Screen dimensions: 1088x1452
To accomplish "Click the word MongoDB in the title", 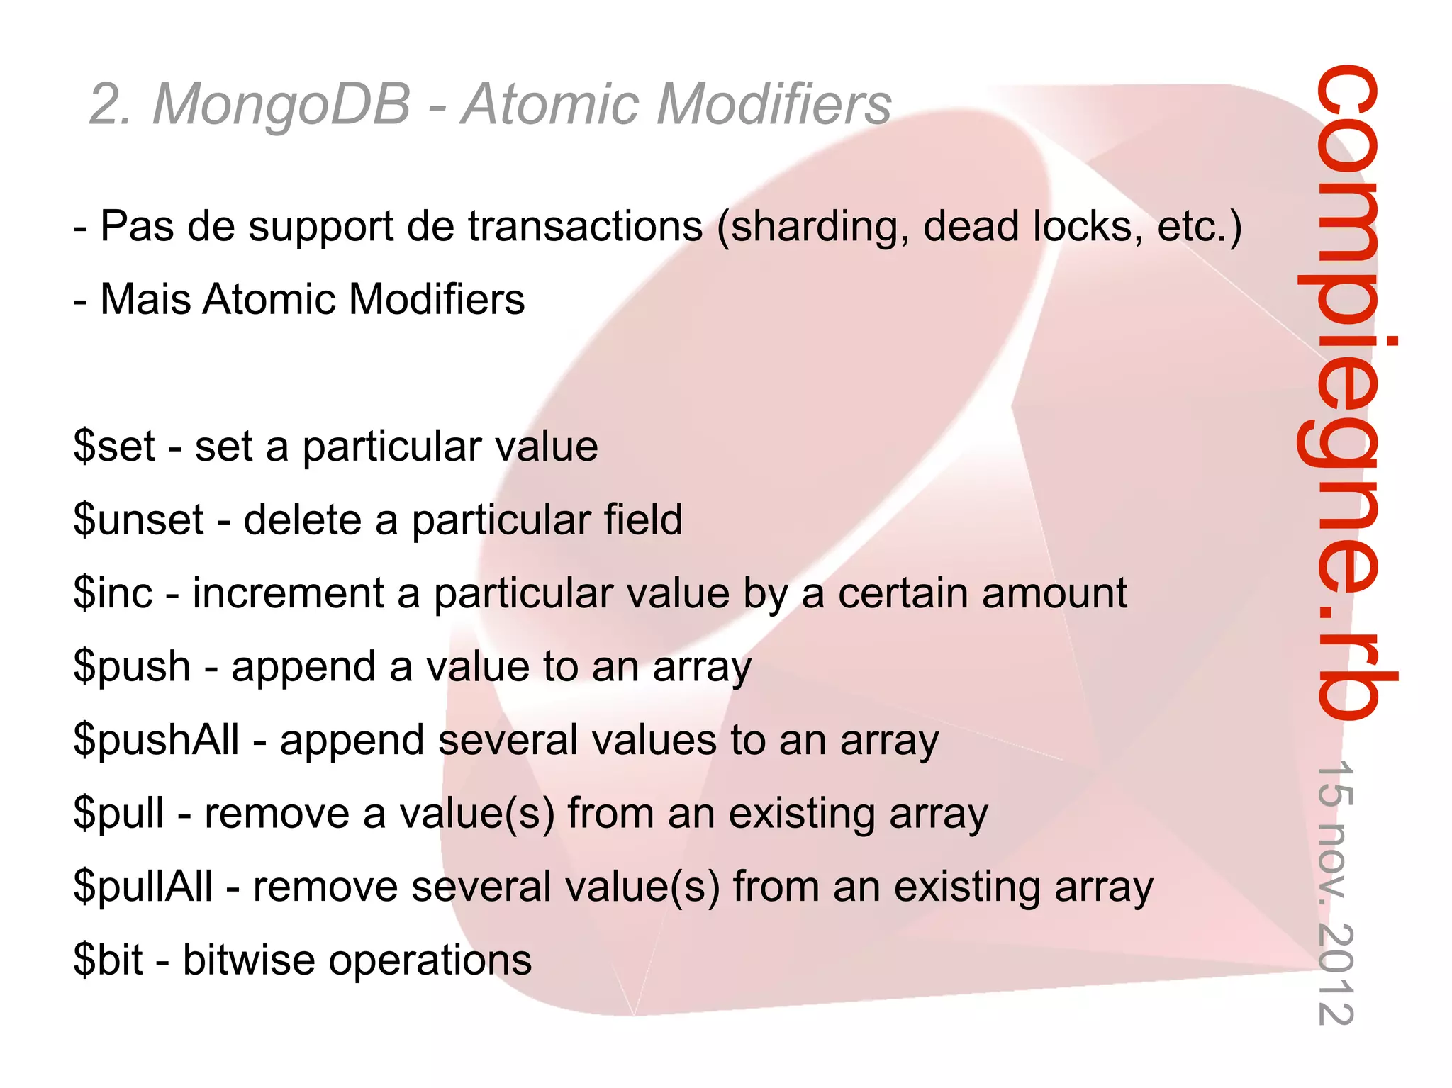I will point(281,105).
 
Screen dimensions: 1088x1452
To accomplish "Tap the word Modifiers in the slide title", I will point(774,105).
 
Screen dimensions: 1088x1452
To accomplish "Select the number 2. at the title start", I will point(111,105).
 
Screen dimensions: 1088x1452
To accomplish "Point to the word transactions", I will point(585,226).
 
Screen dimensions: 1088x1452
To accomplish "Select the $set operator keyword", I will point(114,447).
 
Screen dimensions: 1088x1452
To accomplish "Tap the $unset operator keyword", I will point(139,520).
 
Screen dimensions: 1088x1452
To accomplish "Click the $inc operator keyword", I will point(113,593).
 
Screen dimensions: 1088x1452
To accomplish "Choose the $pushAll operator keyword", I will point(157,740).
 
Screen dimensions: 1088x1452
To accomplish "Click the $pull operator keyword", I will point(119,814).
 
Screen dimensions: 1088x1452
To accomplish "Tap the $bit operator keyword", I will point(108,960).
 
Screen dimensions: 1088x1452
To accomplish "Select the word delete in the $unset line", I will point(302,520).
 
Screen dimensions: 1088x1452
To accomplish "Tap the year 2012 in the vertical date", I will point(1336,975).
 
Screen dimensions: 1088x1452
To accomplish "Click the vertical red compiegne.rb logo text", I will point(1344,390).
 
